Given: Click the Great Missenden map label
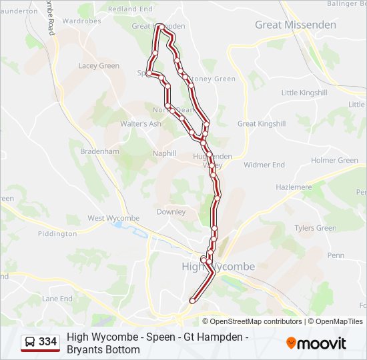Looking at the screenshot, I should pos(296,25).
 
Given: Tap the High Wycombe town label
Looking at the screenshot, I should pos(218,267).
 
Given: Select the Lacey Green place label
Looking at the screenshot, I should pos(99,66).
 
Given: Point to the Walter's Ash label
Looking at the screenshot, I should pos(140,124).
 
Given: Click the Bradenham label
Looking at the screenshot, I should pos(99,151).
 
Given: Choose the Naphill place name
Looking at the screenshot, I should pos(164,153).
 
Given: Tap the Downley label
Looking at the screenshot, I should pos(171,212).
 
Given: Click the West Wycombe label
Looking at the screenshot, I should pos(113,218).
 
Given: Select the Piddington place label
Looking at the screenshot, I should pos(57,234).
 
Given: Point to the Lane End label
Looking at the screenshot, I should pos(57,299).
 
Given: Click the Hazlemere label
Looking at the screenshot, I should pos(294,187).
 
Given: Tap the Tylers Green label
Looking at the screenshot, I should pos(316,228).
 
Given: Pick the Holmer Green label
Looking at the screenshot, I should pos(334,160).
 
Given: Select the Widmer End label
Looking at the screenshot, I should pos(264,165).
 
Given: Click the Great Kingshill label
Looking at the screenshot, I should pos(262,124).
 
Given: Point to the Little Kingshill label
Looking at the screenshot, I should pos(304,93).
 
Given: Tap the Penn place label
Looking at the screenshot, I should pos(336,255).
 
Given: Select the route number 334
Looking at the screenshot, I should pos(48,342).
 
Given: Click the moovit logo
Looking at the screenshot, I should pos(316,343).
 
